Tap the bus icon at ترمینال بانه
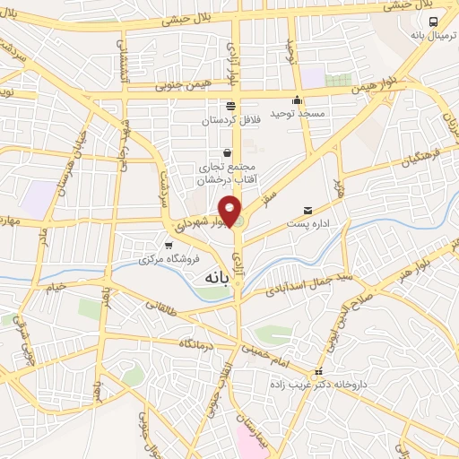click(x=432, y=22)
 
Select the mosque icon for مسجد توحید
click(x=298, y=100)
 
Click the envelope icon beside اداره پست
click(x=308, y=210)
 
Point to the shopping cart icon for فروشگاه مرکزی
click(x=168, y=245)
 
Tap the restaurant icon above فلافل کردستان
click(x=231, y=104)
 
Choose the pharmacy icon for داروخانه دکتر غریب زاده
click(x=316, y=372)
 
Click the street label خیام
click(x=56, y=286)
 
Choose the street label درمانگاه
click(x=196, y=343)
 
